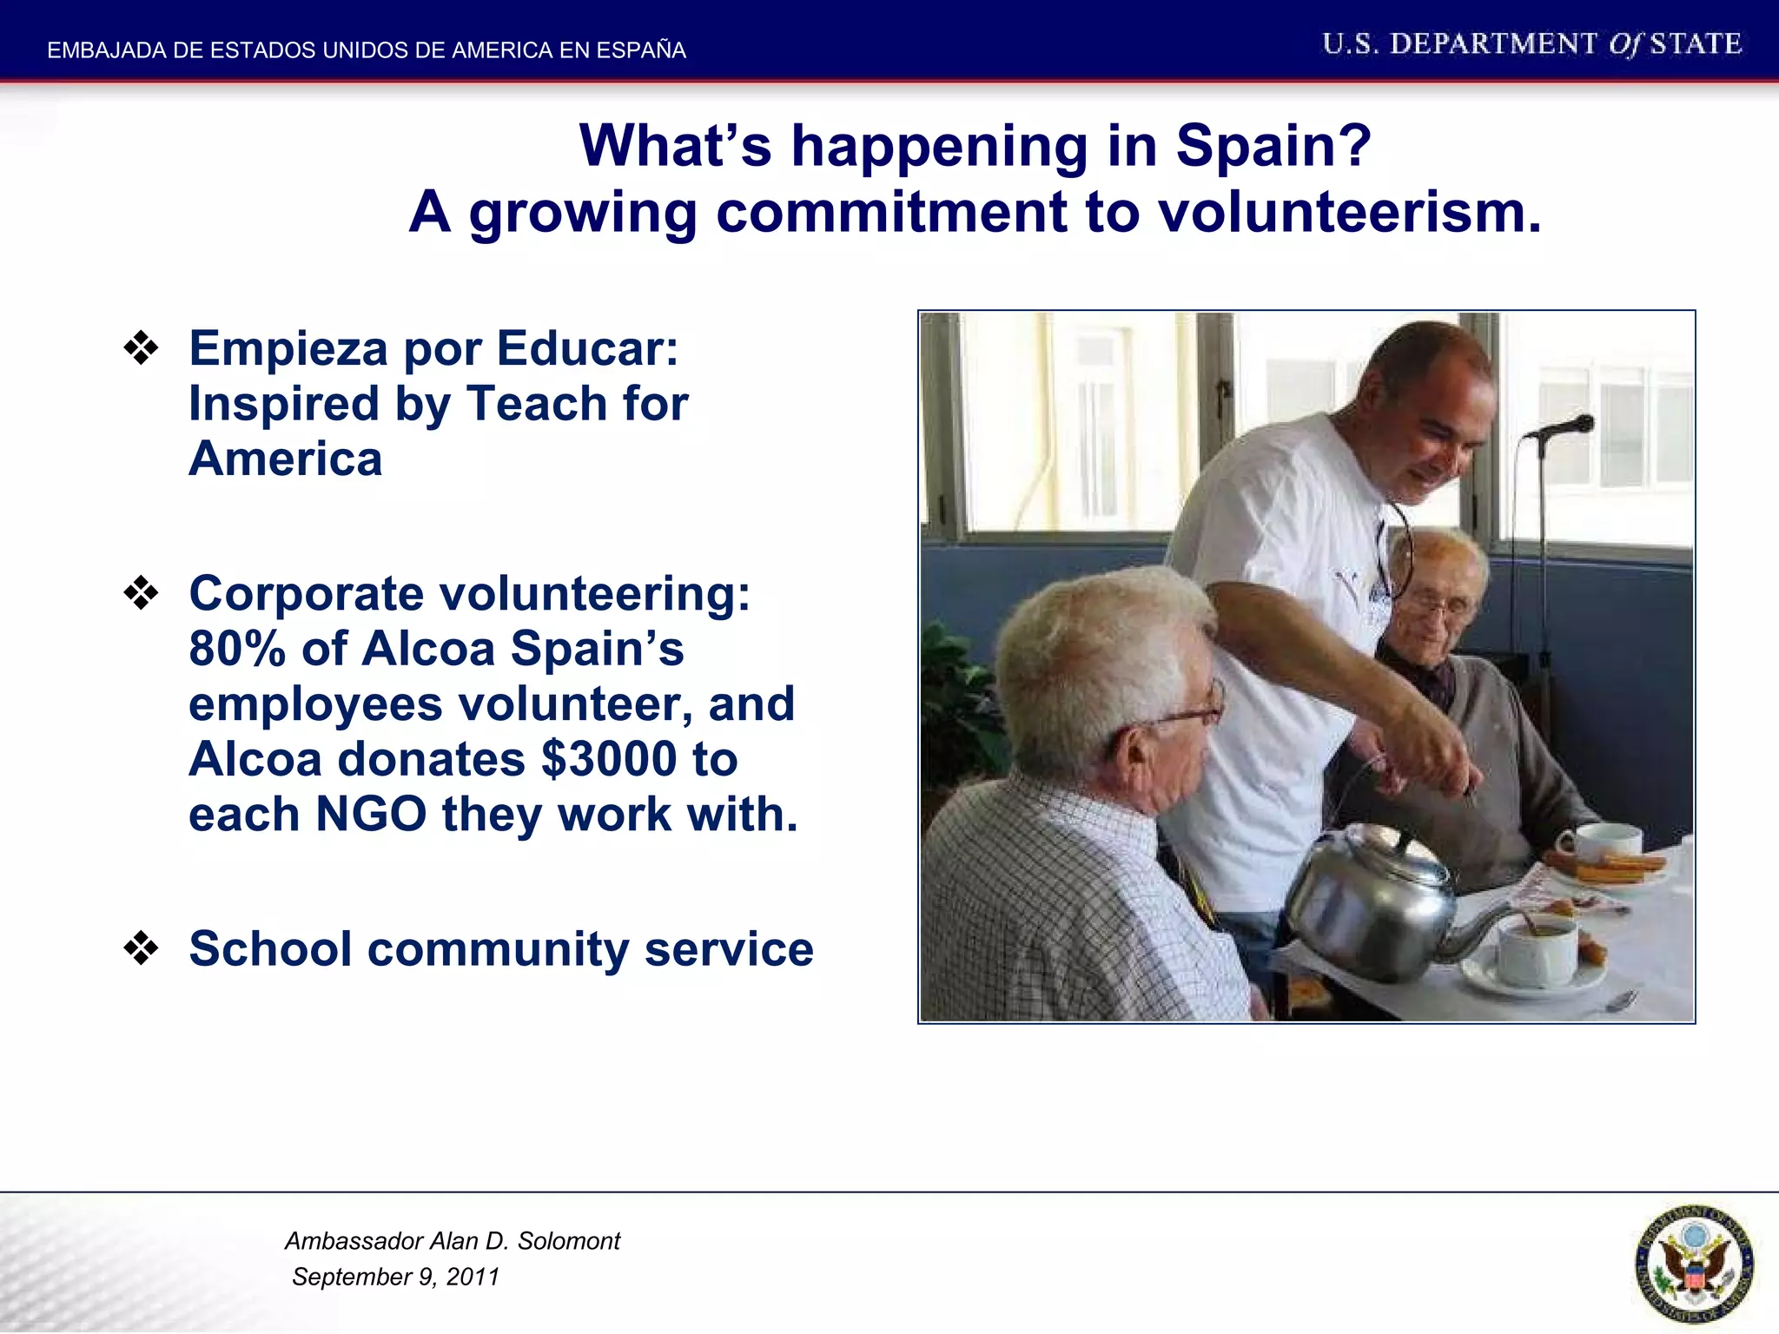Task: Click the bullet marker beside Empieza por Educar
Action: [141, 349]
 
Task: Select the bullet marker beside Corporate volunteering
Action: [141, 594]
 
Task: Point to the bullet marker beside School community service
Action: [141, 948]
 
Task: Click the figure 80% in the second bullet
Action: [236, 650]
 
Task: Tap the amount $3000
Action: [609, 760]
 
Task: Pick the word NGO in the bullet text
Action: [371, 815]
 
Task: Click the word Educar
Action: [587, 349]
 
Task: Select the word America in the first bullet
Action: [285, 459]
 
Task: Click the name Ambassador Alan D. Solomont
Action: [452, 1241]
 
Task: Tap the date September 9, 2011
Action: [395, 1277]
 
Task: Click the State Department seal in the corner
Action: [1694, 1264]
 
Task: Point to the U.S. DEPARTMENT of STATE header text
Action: [1531, 44]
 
